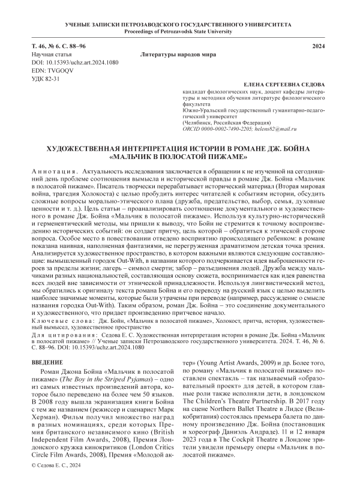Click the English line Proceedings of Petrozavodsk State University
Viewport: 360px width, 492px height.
click(x=180, y=30)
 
